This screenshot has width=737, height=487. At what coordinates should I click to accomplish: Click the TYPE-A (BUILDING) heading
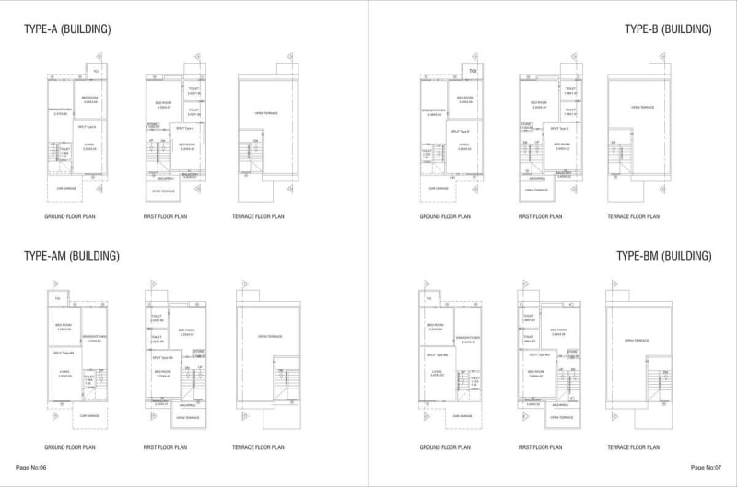67,29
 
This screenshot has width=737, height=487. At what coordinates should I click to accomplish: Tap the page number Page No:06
31,467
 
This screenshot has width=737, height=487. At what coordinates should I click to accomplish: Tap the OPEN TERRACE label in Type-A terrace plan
266,113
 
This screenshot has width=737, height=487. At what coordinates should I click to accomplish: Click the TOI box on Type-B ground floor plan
472,71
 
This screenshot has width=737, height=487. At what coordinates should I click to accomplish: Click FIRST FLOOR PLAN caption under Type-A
169,217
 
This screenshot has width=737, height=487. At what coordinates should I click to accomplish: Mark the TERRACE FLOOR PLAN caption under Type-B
633,217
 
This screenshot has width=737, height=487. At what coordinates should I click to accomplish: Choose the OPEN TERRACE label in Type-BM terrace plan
637,340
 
